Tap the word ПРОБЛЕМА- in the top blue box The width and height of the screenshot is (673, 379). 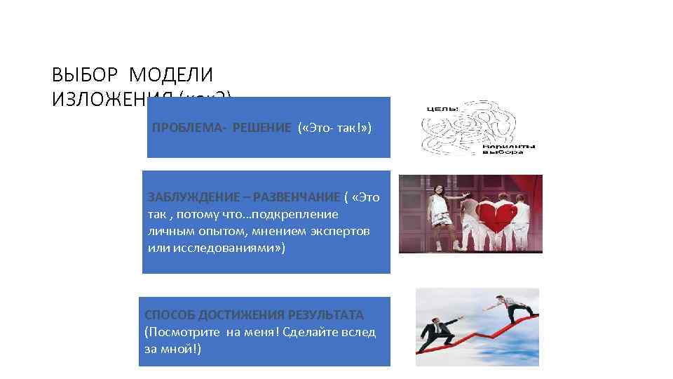(186, 127)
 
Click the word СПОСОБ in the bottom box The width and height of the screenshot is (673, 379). (169, 314)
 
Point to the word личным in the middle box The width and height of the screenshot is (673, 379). (169, 231)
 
